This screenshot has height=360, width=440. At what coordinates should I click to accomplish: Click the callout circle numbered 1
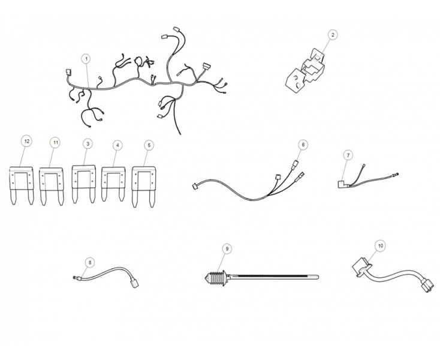click(86, 59)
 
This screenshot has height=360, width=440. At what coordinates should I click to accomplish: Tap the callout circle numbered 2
click(333, 35)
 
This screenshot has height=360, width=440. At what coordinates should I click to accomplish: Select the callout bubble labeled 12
click(27, 141)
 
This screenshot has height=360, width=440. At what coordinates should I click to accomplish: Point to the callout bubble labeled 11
click(56, 143)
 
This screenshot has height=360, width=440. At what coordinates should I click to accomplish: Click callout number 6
click(303, 145)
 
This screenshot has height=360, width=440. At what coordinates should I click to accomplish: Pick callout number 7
click(348, 155)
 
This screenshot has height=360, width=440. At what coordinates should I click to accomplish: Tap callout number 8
click(90, 263)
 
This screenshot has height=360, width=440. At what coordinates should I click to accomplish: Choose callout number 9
click(227, 249)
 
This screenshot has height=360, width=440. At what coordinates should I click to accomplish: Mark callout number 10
click(381, 246)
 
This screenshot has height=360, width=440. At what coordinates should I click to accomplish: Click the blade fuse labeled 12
click(22, 186)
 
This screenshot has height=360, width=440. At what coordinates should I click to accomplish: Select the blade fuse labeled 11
click(52, 187)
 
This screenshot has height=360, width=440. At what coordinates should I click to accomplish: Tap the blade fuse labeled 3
click(83, 184)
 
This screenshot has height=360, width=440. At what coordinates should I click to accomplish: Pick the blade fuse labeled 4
click(113, 184)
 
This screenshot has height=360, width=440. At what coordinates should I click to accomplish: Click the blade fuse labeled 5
click(143, 187)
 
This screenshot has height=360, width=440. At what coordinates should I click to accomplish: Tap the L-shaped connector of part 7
click(343, 184)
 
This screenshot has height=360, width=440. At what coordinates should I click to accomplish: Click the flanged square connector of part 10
click(361, 268)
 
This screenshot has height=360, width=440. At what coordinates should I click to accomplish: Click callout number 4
click(117, 145)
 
